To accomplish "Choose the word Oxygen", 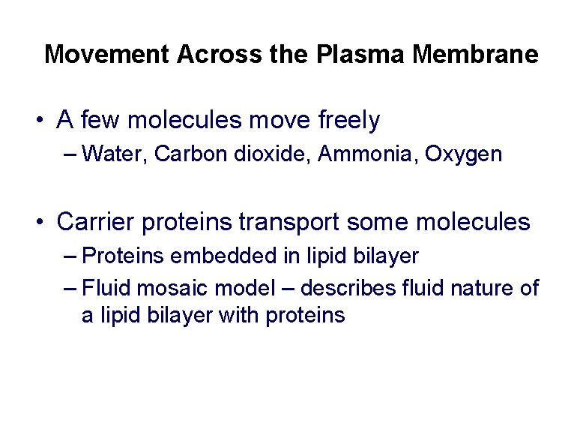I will point(463,155).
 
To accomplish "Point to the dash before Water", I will point(71,155).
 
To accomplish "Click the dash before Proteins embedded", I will point(71,257).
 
